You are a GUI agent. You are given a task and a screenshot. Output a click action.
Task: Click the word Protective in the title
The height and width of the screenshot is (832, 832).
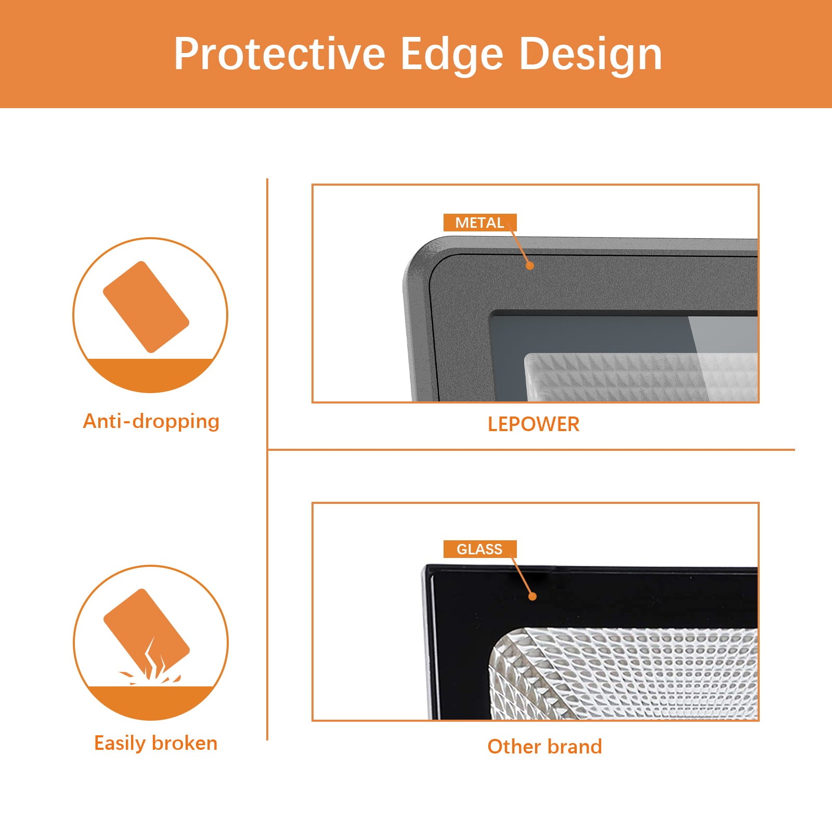point(280,54)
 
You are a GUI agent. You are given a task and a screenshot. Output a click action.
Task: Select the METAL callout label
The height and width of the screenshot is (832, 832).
point(480,223)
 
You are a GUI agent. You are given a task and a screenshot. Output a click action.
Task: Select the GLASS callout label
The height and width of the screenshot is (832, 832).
point(480,549)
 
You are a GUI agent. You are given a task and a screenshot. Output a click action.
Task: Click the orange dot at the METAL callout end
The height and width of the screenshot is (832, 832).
point(530,266)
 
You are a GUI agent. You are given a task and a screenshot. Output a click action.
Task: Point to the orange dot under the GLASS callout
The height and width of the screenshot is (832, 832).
point(532,596)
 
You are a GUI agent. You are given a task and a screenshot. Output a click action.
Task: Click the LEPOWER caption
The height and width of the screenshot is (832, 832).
point(534,424)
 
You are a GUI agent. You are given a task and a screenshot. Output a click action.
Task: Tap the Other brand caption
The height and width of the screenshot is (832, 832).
point(544,747)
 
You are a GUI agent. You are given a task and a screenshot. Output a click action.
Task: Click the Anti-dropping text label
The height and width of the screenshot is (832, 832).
point(151,421)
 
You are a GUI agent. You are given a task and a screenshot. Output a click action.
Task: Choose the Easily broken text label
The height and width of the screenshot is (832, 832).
point(155,744)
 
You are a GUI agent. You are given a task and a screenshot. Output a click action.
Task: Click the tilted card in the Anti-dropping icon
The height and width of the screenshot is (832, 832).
point(146,307)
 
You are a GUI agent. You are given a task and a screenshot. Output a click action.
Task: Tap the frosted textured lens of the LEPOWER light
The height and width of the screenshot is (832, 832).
point(641,377)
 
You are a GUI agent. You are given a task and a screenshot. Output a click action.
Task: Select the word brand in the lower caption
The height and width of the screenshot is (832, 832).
point(575,747)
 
